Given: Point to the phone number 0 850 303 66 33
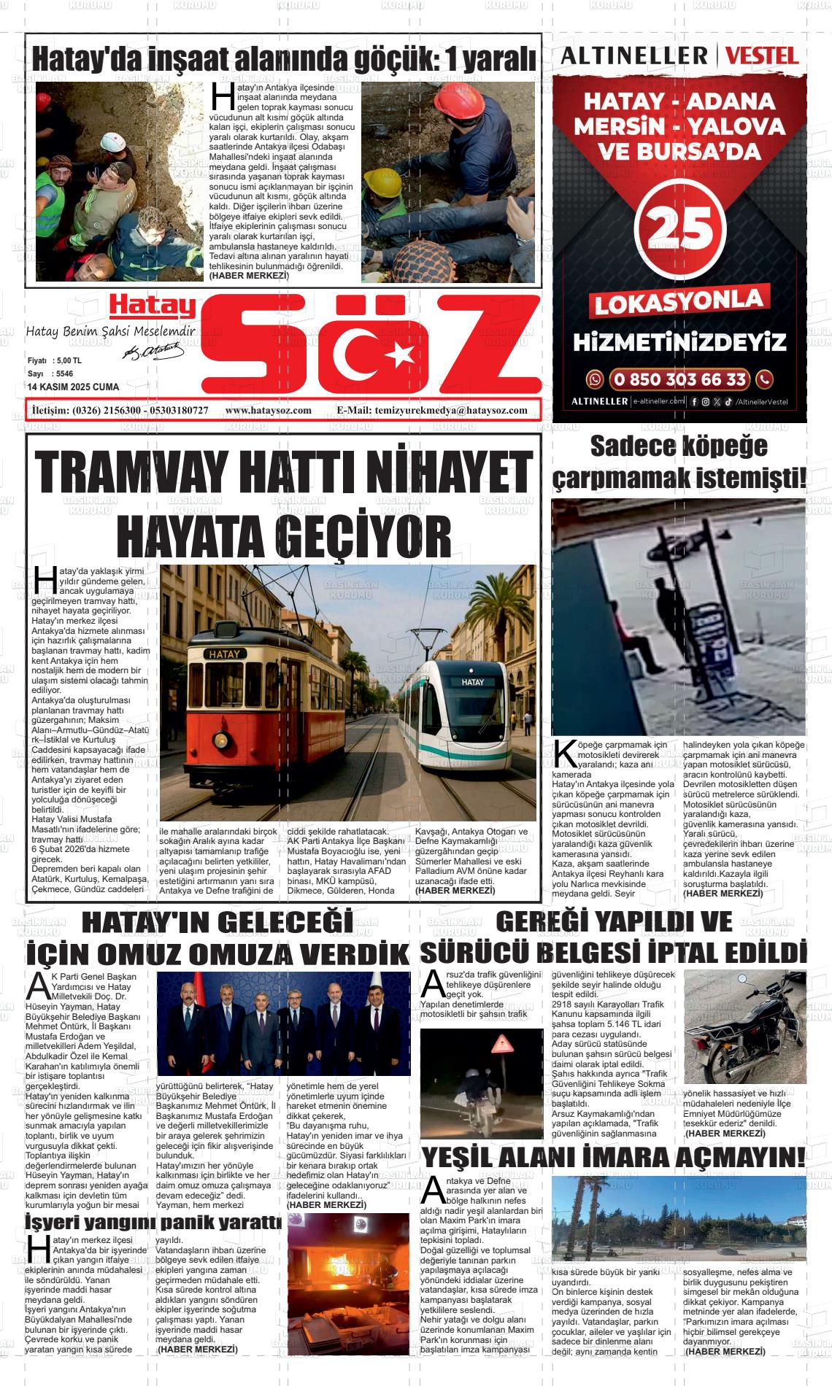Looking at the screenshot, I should point(679,379).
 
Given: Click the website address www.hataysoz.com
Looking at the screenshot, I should point(269,411).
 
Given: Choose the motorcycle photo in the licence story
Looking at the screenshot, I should point(744,1029).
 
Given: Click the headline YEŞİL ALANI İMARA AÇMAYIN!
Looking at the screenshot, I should point(613,1158).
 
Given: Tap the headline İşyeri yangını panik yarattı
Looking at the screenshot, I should point(153,1221).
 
